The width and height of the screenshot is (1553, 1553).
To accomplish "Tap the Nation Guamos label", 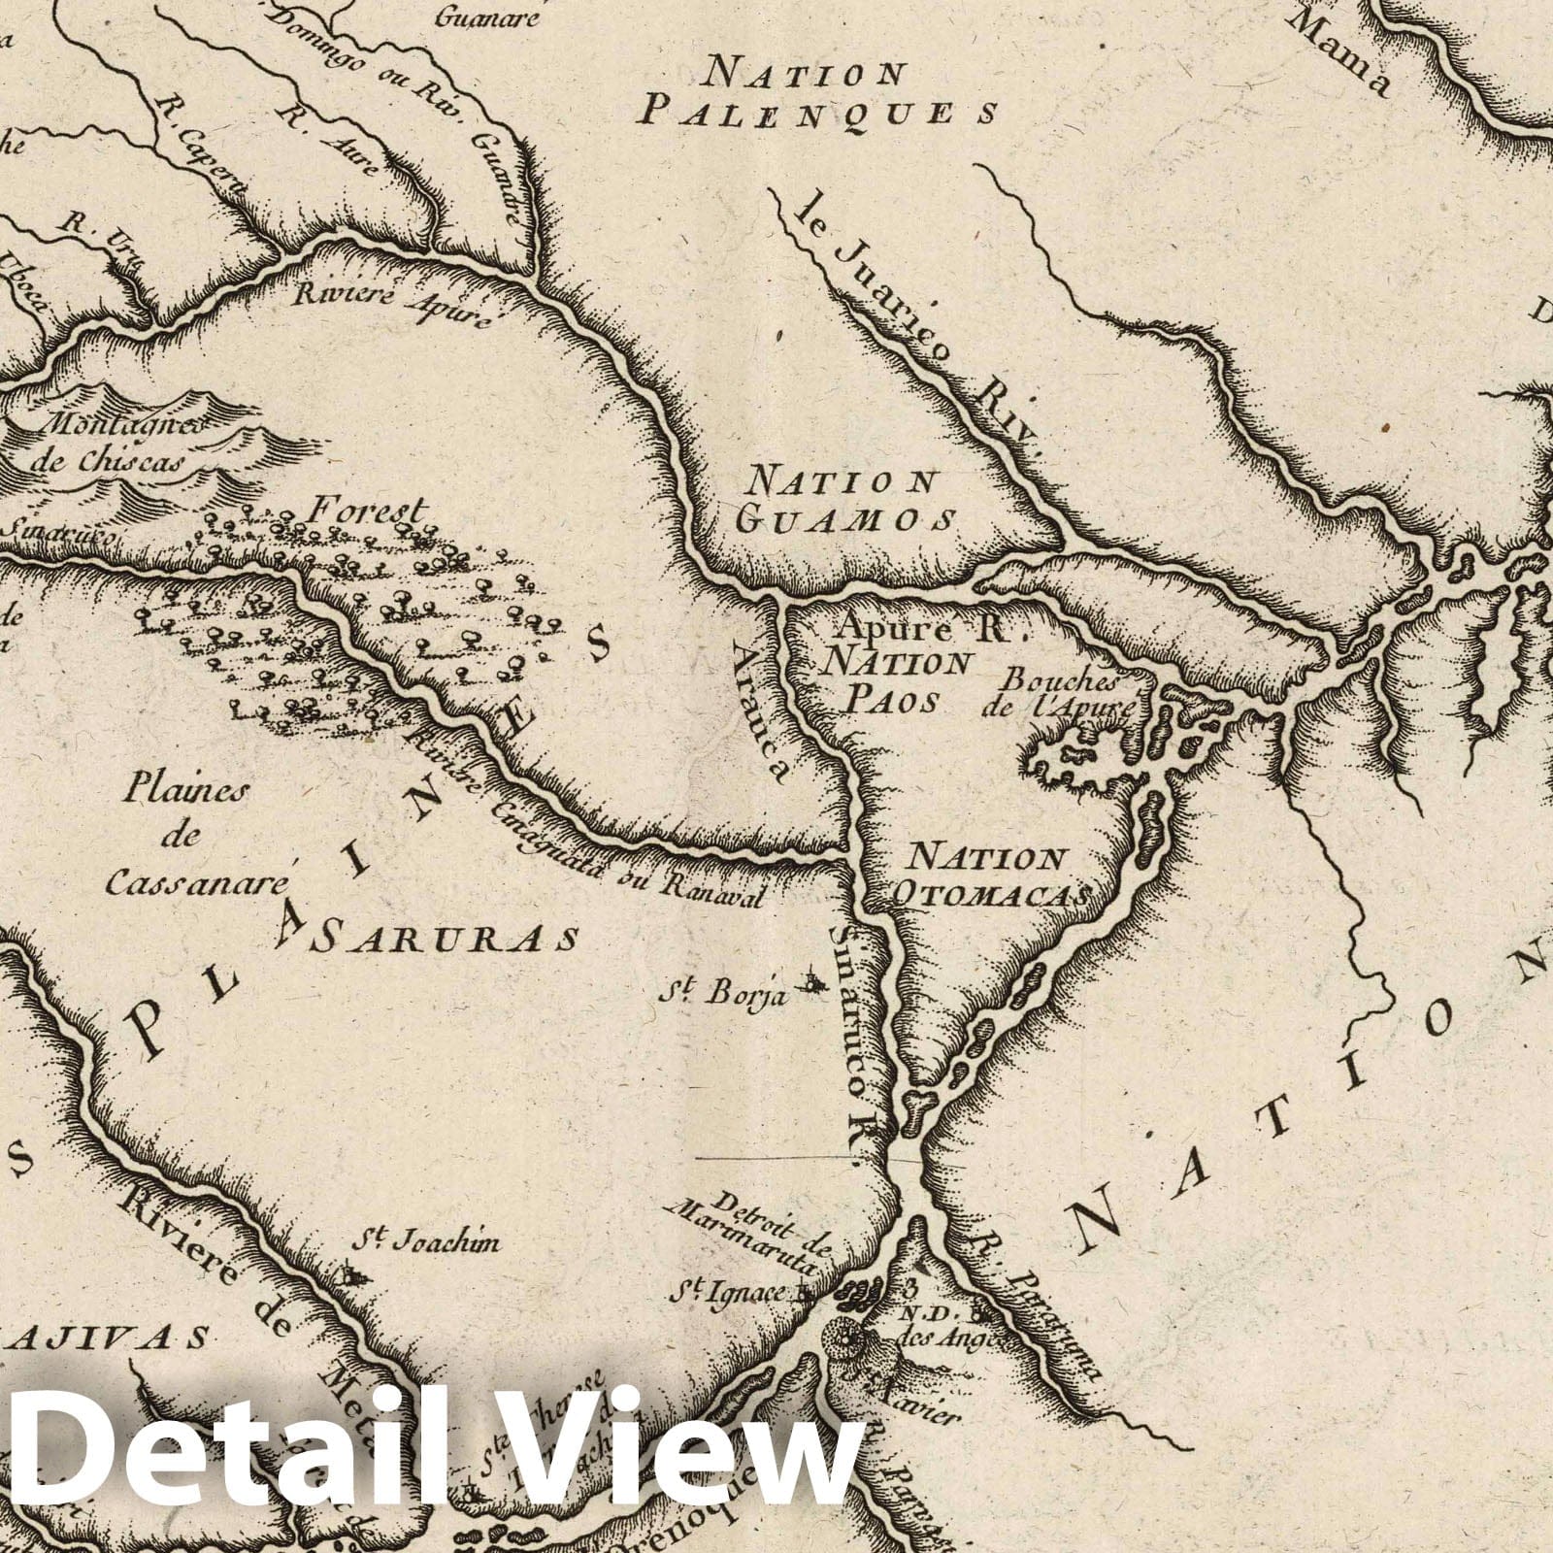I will [x=843, y=501].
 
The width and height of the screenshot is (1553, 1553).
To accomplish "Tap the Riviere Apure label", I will [x=398, y=302].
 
